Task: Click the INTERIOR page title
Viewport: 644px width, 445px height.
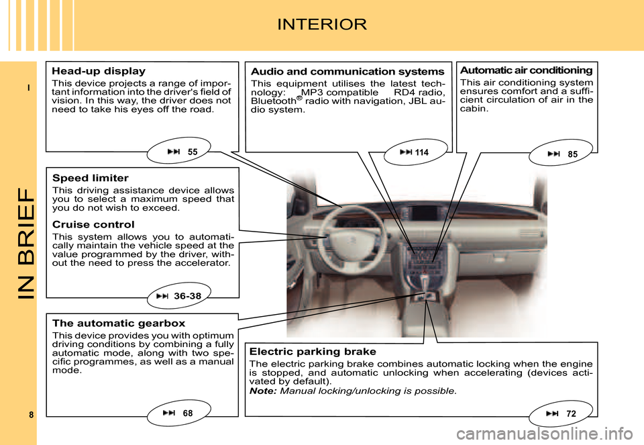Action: click(322, 26)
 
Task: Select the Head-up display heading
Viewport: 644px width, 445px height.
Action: click(99, 70)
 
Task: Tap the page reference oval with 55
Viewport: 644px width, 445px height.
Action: click(183, 152)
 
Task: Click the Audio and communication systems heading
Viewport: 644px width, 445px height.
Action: click(347, 71)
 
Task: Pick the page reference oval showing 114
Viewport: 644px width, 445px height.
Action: click(413, 153)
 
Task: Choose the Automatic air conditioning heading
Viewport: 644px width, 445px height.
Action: click(526, 70)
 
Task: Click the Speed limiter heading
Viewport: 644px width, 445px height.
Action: click(90, 178)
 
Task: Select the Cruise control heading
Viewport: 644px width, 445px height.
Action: click(93, 224)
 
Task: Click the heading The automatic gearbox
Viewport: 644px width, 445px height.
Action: click(118, 323)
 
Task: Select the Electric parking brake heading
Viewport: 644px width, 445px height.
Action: click(313, 351)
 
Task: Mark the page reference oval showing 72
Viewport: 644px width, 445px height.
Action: click(561, 413)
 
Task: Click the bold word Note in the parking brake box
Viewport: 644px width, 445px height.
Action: click(262, 391)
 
